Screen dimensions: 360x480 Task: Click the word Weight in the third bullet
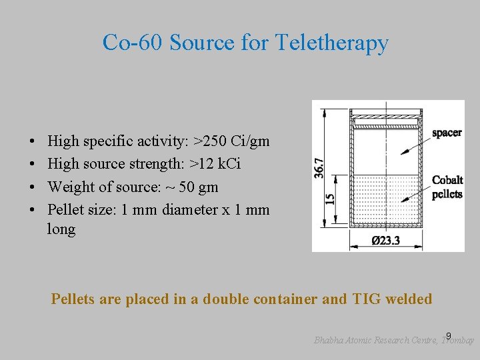click(69, 187)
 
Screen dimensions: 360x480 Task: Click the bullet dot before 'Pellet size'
click(33, 209)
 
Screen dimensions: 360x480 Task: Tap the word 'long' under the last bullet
click(61, 229)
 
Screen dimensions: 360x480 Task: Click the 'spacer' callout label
click(446, 133)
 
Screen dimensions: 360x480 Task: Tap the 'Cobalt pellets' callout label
click(447, 187)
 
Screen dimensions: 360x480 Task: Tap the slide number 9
click(449, 335)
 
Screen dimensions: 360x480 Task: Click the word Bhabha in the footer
click(330, 340)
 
